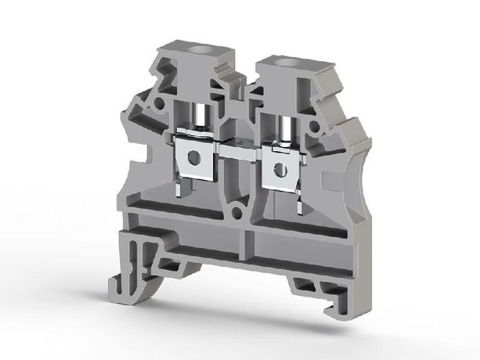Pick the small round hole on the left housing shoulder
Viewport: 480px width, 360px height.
[159, 102]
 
